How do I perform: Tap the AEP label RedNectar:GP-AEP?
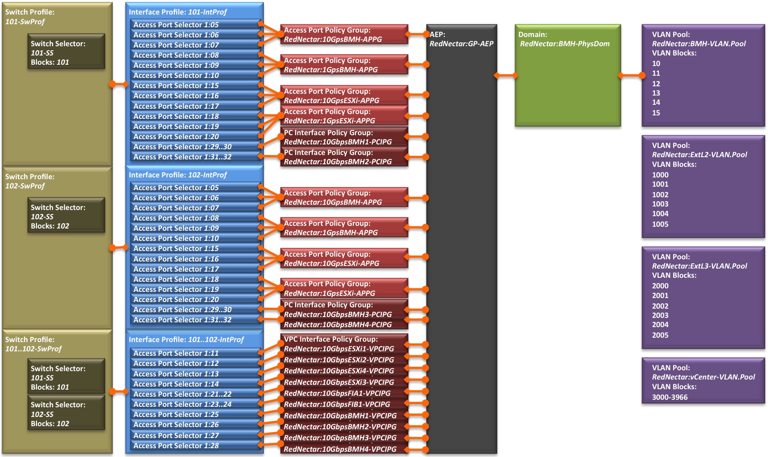coord(461,44)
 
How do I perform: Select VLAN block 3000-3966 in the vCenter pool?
coord(670,397)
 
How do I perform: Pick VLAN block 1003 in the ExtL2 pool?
coord(660,204)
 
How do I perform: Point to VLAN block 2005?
coord(660,335)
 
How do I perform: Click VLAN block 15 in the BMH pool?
coord(656,113)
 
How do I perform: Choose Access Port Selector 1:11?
coord(176,353)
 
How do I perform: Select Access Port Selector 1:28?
coord(176,446)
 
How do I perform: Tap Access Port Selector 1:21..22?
coord(182,394)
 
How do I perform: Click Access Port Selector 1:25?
coord(176,414)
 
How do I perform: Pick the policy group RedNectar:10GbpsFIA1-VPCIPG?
coord(337,393)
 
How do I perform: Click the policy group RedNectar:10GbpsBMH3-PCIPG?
coord(338,314)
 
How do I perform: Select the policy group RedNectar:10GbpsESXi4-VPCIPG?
coord(339,371)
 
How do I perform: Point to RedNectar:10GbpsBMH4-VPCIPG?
coord(340,449)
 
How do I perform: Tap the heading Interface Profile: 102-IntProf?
coord(178,175)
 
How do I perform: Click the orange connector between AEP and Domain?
coord(506,76)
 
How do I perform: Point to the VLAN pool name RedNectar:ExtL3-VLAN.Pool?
coord(699,266)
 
